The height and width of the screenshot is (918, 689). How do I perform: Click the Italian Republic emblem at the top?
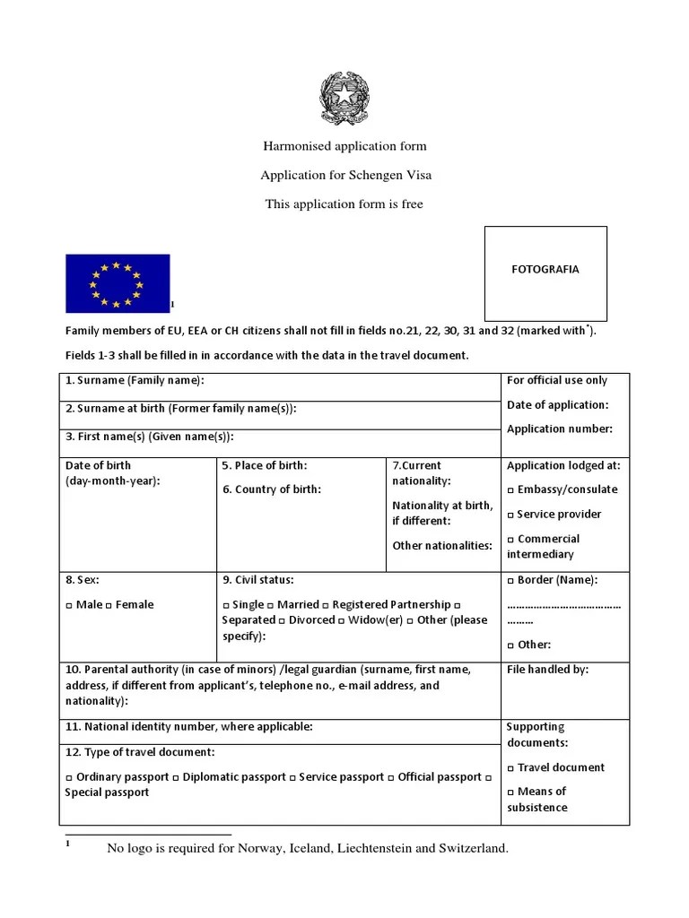344,100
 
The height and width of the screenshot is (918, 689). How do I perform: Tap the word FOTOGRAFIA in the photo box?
545,269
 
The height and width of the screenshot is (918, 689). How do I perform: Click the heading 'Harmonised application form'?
344,145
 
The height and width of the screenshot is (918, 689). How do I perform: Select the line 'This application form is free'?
344,204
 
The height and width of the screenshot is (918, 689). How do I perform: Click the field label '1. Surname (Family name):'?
135,381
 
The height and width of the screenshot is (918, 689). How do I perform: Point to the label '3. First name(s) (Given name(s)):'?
149,437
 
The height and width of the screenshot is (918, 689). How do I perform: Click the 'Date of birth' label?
98,465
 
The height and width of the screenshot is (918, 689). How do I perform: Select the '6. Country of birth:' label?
271,489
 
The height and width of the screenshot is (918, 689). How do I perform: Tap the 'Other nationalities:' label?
442,545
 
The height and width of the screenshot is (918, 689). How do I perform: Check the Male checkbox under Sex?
69,605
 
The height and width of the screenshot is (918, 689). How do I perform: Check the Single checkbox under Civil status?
226,605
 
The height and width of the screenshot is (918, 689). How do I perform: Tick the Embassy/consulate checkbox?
510,490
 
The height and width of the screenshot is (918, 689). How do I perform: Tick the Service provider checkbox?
510,515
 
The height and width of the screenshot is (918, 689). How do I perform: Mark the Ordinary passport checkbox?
69,778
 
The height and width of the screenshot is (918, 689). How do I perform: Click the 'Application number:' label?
559,429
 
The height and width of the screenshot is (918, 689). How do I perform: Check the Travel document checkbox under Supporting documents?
510,768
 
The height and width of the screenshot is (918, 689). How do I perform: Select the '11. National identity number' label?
188,727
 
